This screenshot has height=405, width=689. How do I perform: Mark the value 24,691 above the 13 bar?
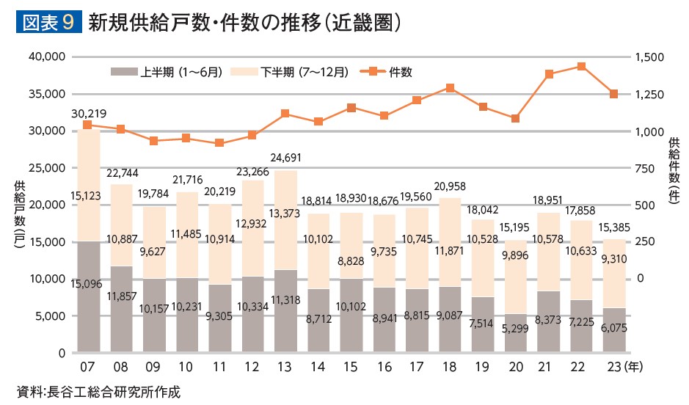point(285,158)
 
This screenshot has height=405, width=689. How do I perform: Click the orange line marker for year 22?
point(581,67)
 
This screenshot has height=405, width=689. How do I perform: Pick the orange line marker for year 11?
point(219,143)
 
